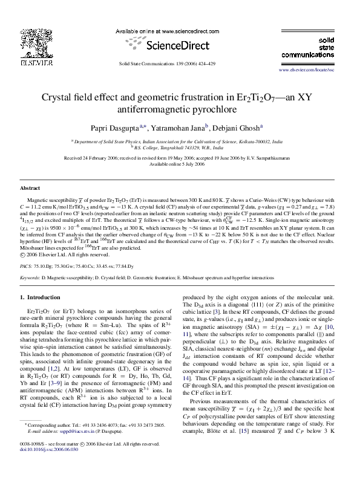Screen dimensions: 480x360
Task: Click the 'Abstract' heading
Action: click(30, 189)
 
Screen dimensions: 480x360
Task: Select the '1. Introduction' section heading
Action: click(41, 297)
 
